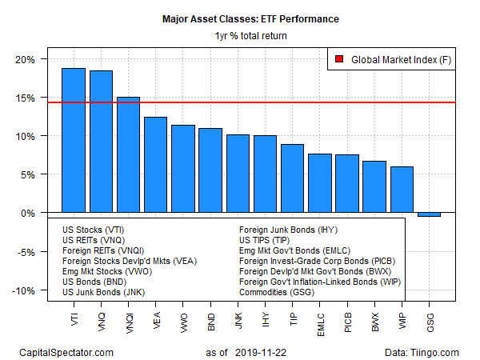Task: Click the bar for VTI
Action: click(x=74, y=140)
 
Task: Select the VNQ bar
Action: click(x=101, y=142)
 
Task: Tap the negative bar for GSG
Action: click(x=429, y=214)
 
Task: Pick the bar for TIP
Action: click(x=292, y=178)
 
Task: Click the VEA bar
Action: click(x=155, y=165)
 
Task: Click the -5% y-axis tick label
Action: click(x=26, y=252)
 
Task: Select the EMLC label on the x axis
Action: click(x=321, y=325)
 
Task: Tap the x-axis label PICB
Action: click(x=348, y=322)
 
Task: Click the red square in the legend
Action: click(x=339, y=59)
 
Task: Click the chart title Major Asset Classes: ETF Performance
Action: click(x=250, y=19)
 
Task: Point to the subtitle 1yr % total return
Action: click(x=250, y=36)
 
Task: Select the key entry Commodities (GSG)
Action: click(x=277, y=292)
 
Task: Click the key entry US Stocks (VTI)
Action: click(x=93, y=230)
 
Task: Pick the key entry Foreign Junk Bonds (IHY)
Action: click(x=288, y=230)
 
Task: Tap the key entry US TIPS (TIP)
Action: click(x=265, y=240)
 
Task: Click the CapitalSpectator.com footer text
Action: click(x=66, y=353)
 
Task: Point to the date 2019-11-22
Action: click(x=261, y=353)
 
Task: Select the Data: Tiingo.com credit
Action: click(x=422, y=353)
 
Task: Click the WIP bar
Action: click(x=402, y=190)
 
